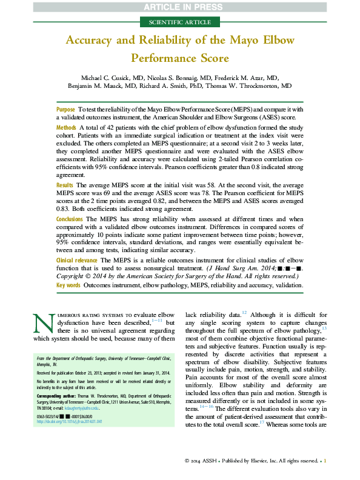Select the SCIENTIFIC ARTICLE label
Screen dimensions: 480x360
click(179, 22)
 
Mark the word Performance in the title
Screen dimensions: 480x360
click(163, 59)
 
